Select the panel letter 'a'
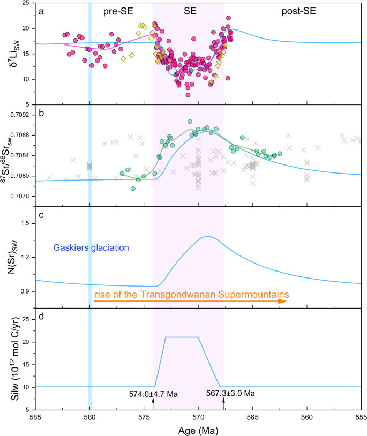41,9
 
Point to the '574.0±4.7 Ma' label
153,394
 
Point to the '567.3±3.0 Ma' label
231,394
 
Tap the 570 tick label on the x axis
198,417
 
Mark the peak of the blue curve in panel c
207,236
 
